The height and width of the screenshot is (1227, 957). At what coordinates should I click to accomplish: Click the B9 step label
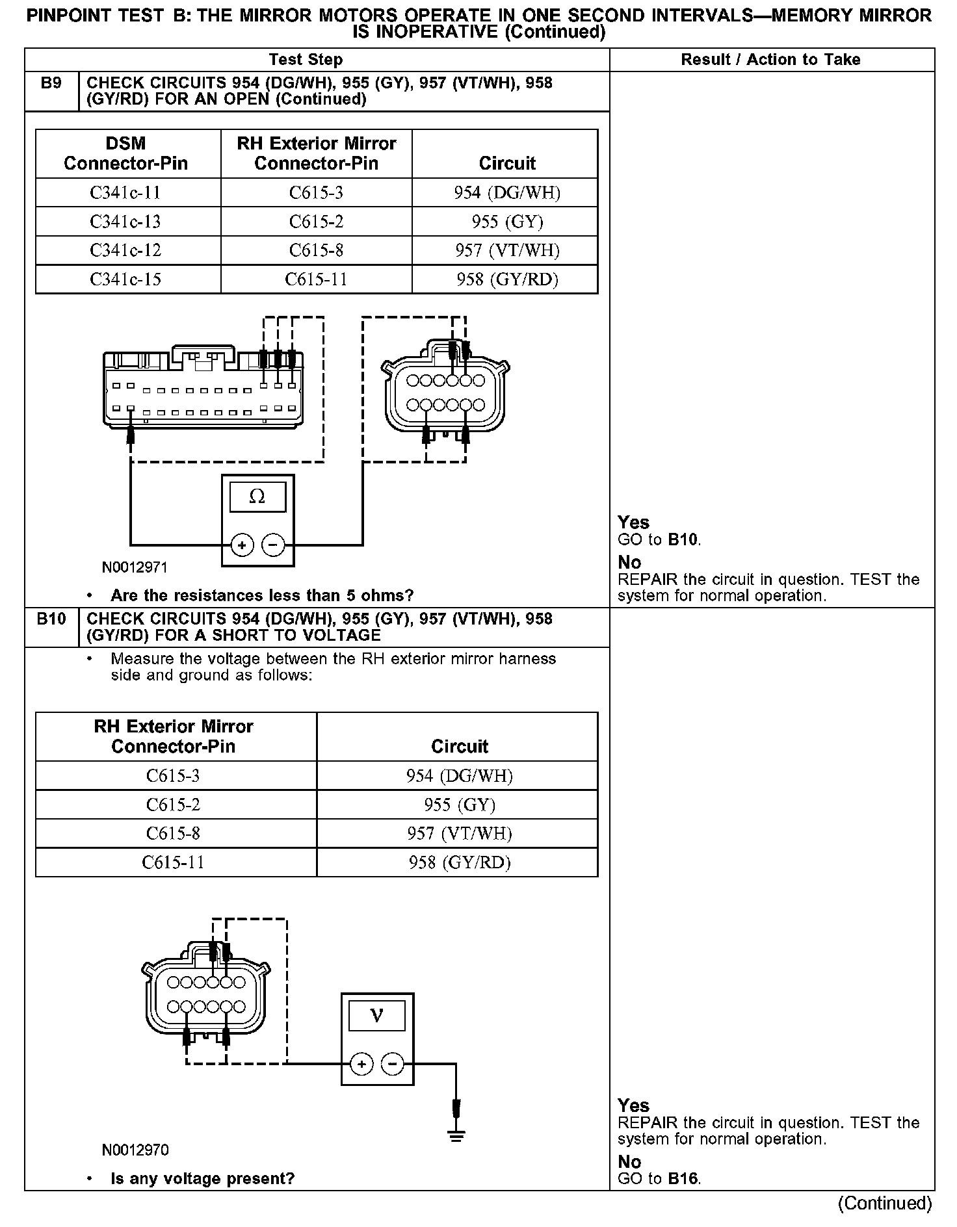(51, 84)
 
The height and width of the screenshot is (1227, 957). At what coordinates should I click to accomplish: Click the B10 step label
(51, 619)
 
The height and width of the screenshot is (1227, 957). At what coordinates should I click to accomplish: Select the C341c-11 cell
(125, 193)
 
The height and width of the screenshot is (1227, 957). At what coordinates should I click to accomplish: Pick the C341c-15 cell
(125, 279)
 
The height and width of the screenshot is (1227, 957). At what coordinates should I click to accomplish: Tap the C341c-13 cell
(125, 222)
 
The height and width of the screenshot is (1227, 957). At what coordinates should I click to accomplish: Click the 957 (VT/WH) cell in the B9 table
(507, 251)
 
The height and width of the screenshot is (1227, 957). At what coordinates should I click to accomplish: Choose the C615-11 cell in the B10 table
(173, 862)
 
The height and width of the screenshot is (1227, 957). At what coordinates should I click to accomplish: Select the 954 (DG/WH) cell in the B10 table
(459, 776)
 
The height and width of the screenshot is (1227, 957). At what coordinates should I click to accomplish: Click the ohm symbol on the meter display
(257, 497)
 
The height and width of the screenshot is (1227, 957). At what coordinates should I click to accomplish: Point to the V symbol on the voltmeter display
(376, 1015)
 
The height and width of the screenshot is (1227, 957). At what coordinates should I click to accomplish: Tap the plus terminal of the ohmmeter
(242, 545)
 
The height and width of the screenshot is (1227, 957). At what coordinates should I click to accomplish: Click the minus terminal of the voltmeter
(392, 1064)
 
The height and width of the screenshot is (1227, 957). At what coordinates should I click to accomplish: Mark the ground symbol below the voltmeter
(456, 1136)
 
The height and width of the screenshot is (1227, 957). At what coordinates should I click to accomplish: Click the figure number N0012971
(135, 567)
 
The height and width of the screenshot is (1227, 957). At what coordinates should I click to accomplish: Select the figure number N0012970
(135, 1150)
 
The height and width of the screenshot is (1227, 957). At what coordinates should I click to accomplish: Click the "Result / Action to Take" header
(770, 60)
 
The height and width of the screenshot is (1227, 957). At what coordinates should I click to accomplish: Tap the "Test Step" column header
(306, 60)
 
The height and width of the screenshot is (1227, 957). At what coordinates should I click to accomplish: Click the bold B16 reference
(683, 1179)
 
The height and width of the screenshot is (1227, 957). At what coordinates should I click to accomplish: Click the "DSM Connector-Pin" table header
(125, 153)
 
